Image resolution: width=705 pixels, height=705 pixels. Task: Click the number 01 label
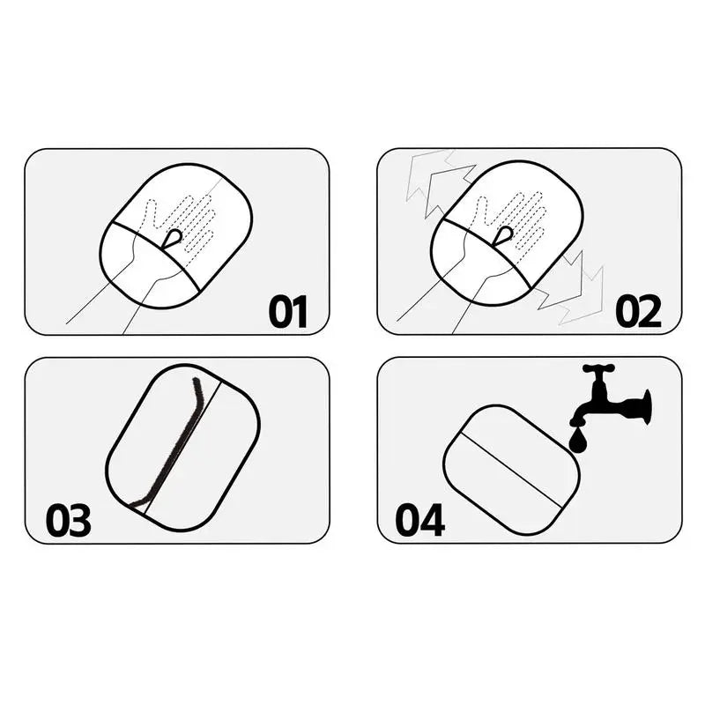click(x=288, y=312)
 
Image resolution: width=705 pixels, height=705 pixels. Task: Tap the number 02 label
click(x=638, y=312)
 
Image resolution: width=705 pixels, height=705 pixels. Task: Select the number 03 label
click(x=69, y=520)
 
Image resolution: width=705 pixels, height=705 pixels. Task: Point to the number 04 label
click(x=420, y=520)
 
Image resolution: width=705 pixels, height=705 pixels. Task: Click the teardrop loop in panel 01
click(x=172, y=238)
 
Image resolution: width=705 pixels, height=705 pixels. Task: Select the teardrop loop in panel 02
click(x=502, y=235)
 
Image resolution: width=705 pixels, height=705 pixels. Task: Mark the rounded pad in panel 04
click(x=511, y=470)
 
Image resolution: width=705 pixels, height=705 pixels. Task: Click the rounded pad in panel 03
click(x=183, y=448)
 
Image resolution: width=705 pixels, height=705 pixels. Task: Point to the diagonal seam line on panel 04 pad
click(x=512, y=471)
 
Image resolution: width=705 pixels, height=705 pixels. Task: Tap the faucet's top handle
click(x=598, y=368)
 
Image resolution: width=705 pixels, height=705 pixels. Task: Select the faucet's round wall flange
click(x=646, y=407)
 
